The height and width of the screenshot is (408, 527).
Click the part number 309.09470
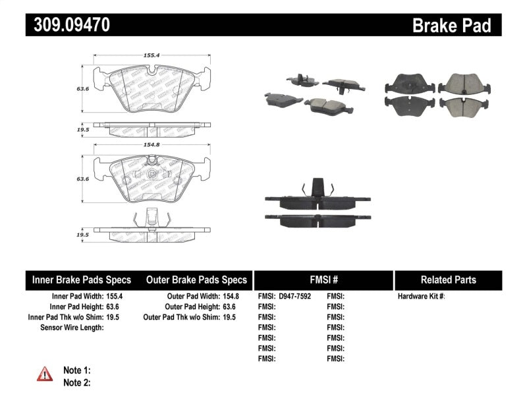68,26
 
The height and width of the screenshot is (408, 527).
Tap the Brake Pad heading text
451,26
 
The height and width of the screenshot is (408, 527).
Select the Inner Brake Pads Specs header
82,279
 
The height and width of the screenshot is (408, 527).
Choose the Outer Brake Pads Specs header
196,279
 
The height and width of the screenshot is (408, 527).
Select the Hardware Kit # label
421,297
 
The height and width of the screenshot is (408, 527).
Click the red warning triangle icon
45,375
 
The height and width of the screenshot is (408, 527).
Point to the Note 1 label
76,370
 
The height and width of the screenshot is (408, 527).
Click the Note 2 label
76,382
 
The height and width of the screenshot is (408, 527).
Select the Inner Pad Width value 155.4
115,297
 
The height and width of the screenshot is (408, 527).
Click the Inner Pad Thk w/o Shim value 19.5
115,317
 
